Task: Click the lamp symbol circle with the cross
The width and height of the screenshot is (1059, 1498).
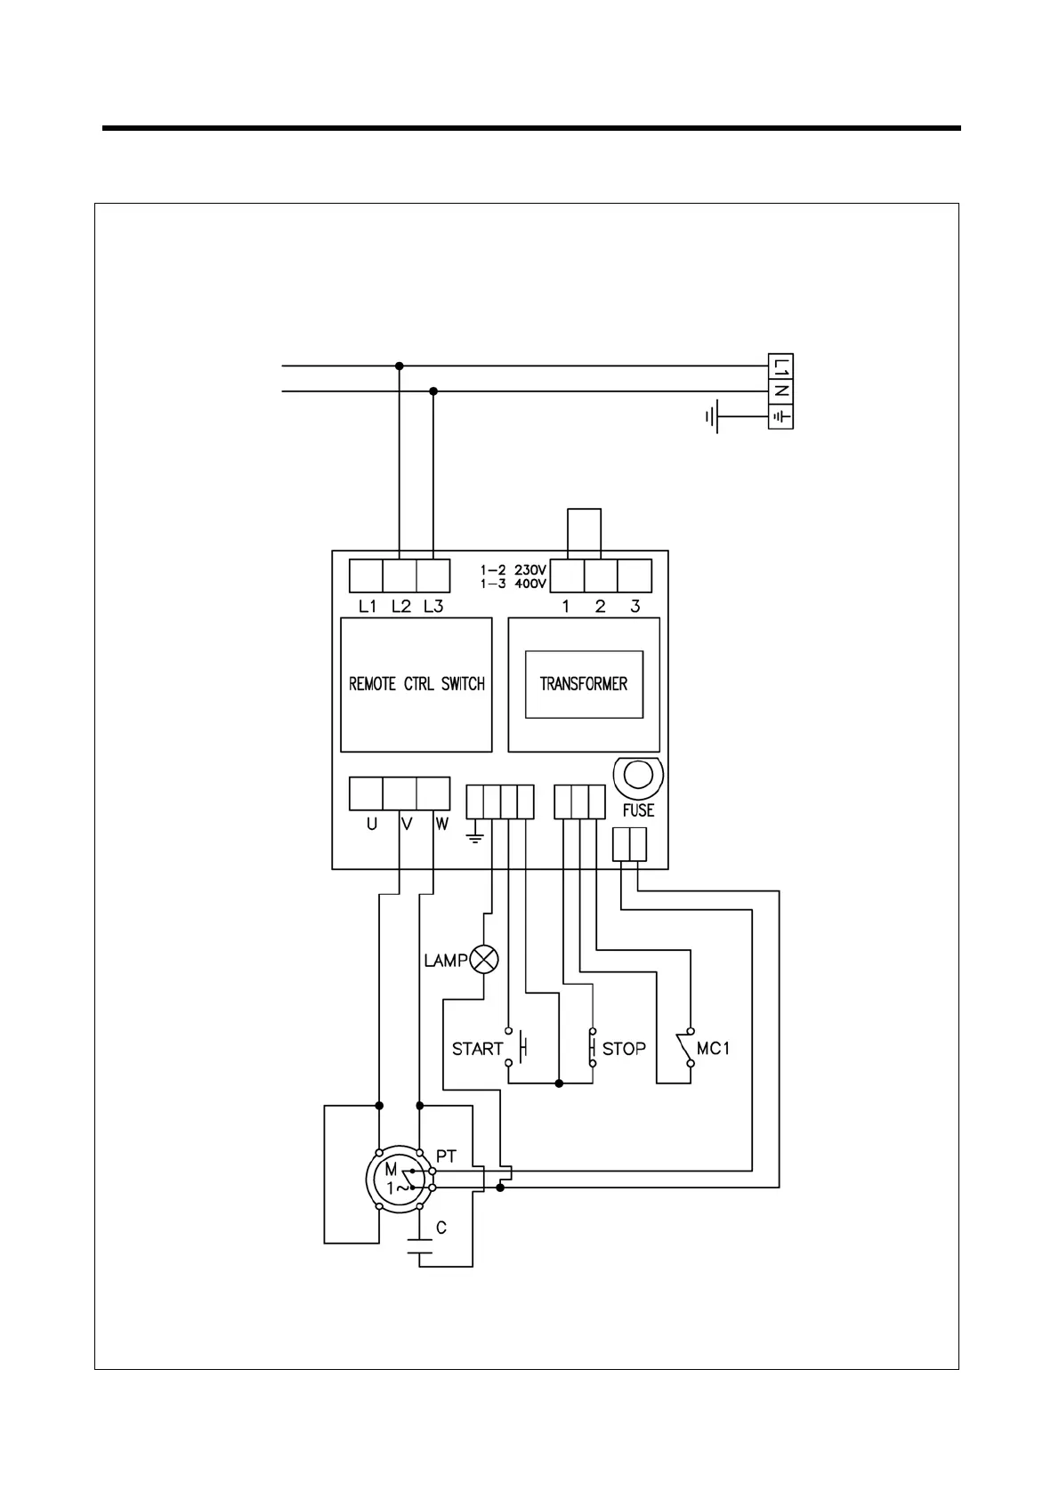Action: [x=485, y=959]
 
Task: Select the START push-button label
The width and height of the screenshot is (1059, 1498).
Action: [x=477, y=1049]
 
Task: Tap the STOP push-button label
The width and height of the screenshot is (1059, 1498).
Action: [x=624, y=1049]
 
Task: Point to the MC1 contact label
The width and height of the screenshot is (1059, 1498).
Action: [x=713, y=1049]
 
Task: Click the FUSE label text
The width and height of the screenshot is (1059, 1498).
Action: [x=638, y=810]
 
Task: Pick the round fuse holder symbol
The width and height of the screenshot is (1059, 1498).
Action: [x=638, y=776]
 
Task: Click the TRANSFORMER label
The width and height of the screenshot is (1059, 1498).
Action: [x=584, y=684]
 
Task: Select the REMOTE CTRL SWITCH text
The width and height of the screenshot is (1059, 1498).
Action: [x=416, y=684]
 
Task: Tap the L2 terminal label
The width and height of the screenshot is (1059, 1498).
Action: [x=401, y=607]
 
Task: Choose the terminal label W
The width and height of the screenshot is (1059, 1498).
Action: [x=441, y=824]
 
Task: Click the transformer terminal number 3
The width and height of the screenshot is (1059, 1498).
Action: [x=635, y=607]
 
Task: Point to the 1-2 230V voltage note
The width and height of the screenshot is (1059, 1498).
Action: [x=513, y=570]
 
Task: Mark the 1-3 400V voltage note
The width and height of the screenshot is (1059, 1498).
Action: [x=513, y=584]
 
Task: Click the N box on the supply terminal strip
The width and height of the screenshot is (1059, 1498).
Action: [x=780, y=391]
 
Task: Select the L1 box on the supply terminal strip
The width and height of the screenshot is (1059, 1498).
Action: [x=780, y=366]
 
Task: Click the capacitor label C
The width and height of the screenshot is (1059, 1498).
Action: [x=441, y=1228]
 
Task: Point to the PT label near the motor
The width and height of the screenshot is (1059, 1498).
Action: [x=446, y=1156]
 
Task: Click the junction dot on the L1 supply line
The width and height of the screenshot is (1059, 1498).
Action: [x=400, y=366]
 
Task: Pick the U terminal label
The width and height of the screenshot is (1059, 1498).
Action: [x=371, y=824]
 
